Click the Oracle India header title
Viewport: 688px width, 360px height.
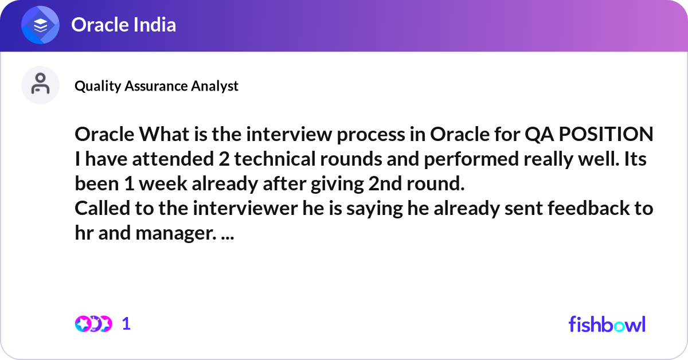click(x=123, y=25)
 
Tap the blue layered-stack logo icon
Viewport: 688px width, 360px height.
click(x=40, y=25)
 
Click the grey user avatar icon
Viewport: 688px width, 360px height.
click(x=40, y=85)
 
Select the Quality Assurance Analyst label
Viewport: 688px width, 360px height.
click(x=157, y=86)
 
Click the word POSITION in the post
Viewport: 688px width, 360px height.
click(x=606, y=134)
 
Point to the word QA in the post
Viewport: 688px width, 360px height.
click(x=540, y=135)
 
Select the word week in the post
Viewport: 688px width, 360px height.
click(x=163, y=183)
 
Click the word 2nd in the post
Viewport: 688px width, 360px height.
click(x=385, y=183)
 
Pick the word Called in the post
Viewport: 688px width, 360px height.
click(x=102, y=208)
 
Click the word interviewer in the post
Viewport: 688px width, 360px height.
click(x=245, y=208)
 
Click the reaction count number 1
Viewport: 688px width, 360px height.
click(x=126, y=324)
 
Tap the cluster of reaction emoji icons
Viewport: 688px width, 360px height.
click(x=93, y=324)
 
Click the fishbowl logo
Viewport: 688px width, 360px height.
click(x=607, y=324)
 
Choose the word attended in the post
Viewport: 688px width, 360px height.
click(x=173, y=159)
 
